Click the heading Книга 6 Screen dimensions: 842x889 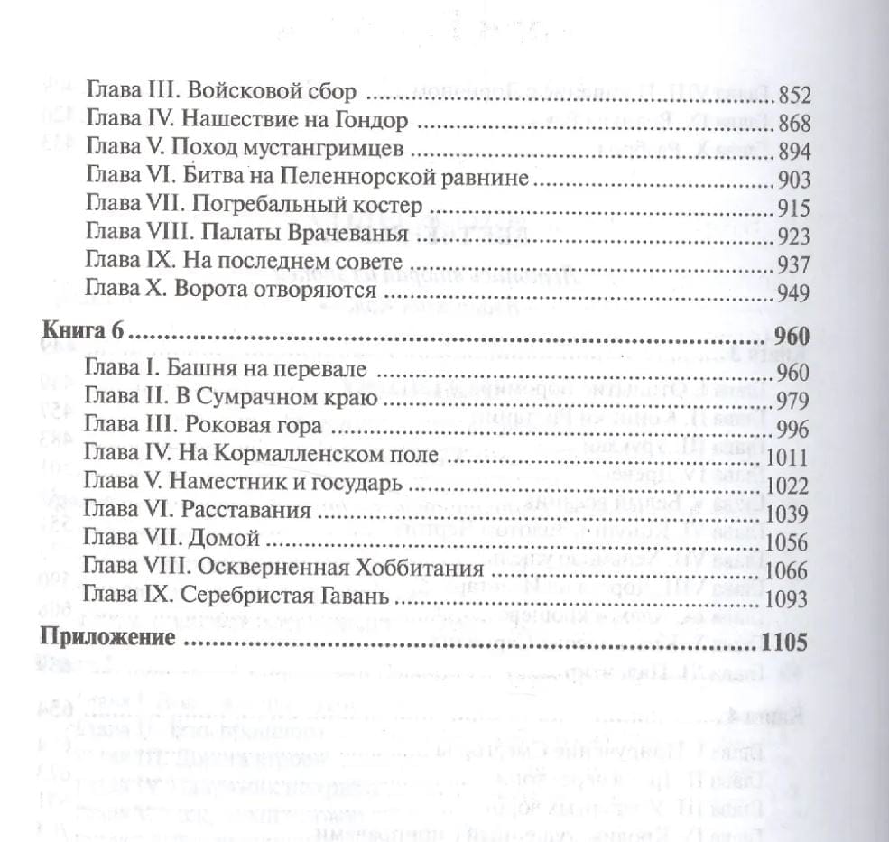point(82,337)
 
